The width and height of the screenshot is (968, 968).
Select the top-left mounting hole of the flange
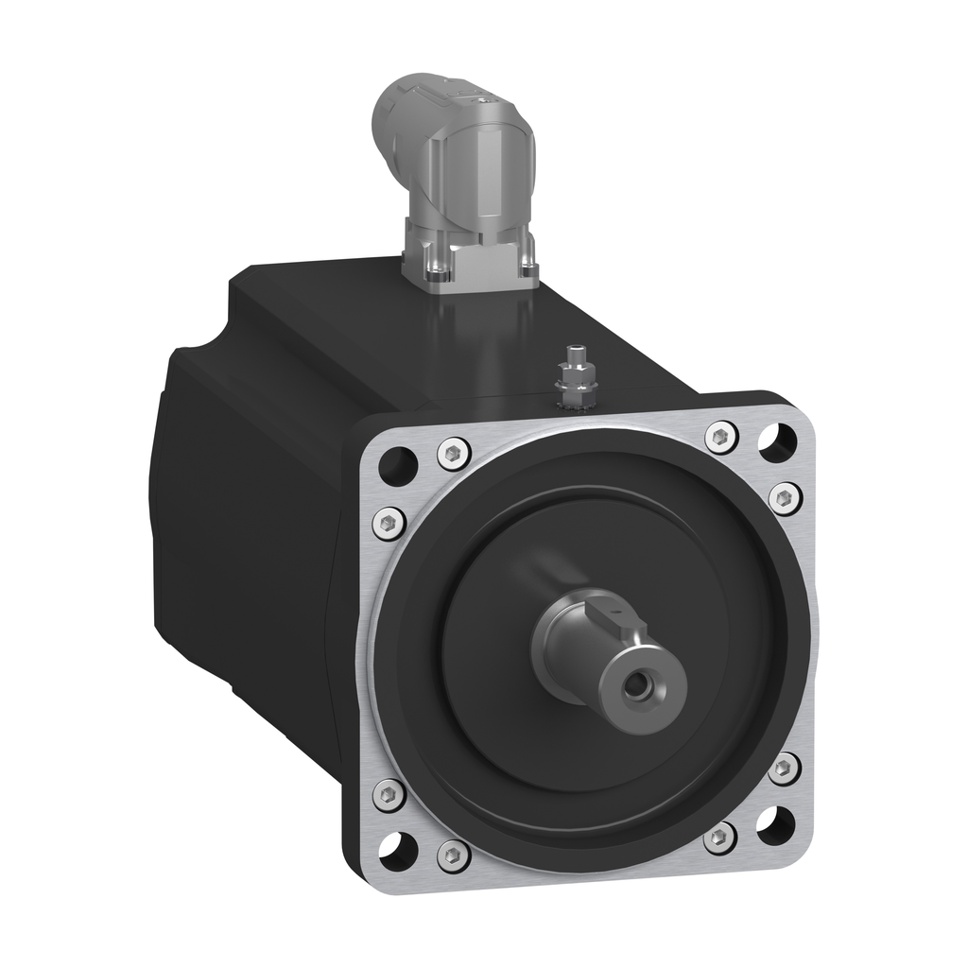point(397,465)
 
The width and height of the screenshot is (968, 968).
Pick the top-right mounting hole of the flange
point(777,441)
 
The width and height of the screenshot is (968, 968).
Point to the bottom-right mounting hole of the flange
point(775,825)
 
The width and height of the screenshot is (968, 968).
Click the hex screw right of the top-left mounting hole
point(455,453)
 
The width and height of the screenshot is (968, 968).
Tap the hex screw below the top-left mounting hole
point(388,522)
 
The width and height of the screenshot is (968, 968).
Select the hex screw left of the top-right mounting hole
point(721,436)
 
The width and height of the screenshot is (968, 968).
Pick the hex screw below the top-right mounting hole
point(785,498)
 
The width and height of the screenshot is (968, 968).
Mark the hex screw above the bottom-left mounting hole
point(389,794)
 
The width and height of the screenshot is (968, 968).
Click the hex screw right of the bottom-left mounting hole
point(455,856)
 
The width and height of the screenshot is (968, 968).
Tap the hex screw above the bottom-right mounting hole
point(784,768)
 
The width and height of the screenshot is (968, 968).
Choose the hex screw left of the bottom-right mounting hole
point(720,837)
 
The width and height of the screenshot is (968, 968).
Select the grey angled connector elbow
point(454,151)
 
